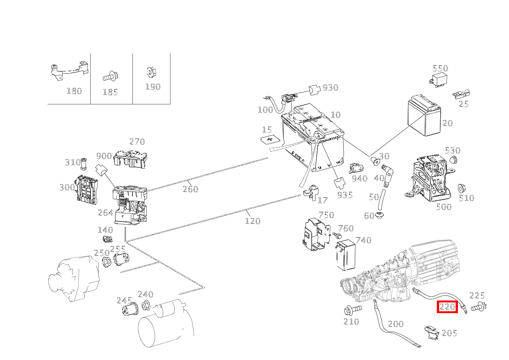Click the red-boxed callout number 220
447,307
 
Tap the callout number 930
330,88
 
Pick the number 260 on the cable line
190,189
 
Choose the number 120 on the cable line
252,221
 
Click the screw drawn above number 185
110,76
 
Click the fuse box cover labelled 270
131,159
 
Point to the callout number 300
67,187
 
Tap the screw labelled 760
337,234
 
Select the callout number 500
443,207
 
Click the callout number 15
267,130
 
